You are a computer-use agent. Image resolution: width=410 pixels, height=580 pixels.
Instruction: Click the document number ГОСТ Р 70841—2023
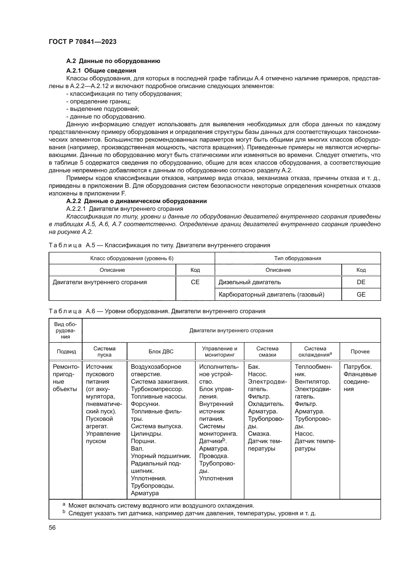[x=83, y=42]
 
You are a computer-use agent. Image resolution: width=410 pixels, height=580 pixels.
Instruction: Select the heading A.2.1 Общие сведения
[x=101, y=70]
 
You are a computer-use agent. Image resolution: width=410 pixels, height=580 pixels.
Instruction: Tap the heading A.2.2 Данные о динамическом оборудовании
[x=136, y=201]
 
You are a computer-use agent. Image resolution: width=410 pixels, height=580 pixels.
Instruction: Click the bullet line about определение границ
[x=98, y=101]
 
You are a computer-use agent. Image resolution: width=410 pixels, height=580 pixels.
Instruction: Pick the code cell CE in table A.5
[x=195, y=282]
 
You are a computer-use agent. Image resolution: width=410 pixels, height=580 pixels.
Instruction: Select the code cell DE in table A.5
[x=361, y=282]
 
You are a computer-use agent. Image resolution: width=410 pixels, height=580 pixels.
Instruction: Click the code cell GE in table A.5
[x=361, y=294]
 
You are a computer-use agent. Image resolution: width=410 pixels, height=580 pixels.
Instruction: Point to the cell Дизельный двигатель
[x=250, y=282]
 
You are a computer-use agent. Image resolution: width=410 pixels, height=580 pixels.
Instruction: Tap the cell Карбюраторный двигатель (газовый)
[x=271, y=294]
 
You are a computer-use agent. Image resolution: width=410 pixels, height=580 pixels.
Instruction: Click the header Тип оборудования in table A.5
[x=298, y=258]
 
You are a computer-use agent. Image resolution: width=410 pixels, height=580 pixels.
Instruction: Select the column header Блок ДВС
[x=161, y=351]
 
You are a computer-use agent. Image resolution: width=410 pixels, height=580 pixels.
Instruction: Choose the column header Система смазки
[x=267, y=351]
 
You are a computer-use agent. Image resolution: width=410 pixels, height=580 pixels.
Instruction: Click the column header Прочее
[x=360, y=351]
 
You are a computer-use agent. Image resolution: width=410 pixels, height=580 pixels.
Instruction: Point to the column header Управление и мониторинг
[x=220, y=351]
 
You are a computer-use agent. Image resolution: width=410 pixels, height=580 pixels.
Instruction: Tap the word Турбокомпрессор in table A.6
[x=157, y=389]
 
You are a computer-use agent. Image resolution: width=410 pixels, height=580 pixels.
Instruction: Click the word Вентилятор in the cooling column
[x=312, y=381]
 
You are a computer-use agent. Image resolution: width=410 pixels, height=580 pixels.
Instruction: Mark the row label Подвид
[x=66, y=351]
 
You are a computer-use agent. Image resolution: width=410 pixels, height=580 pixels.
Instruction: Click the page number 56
[x=52, y=527]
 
